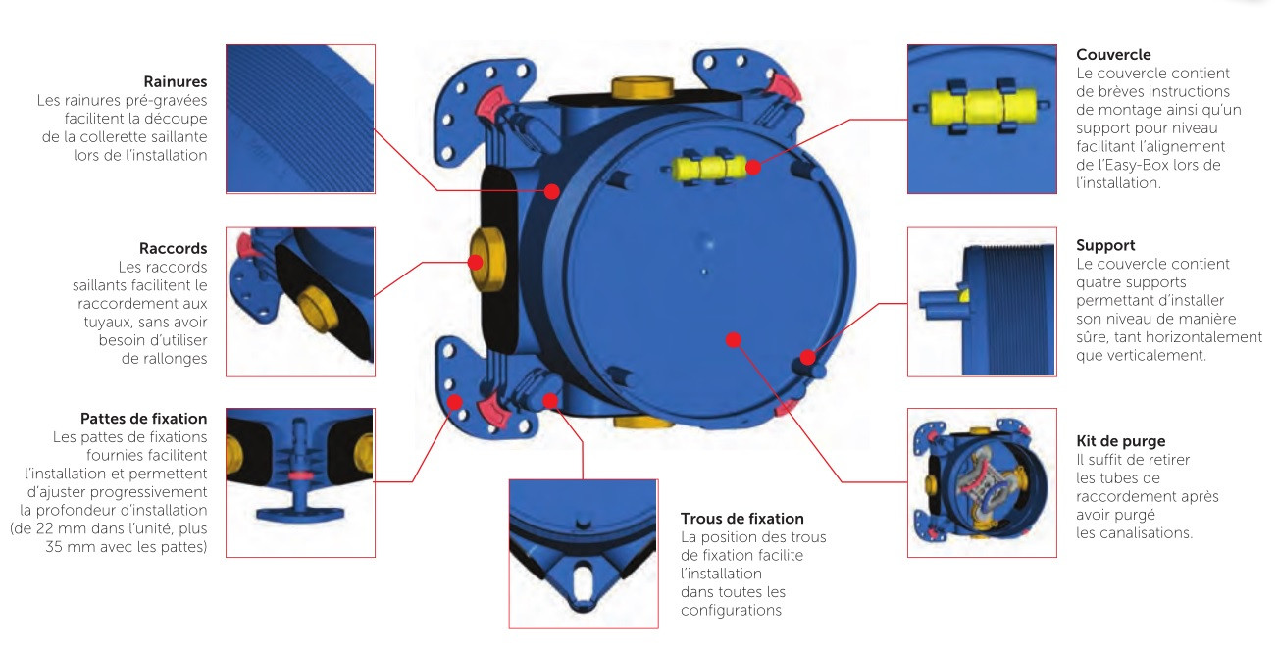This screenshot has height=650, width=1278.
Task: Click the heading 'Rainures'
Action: (x=176, y=81)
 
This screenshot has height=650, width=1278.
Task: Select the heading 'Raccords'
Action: (x=173, y=248)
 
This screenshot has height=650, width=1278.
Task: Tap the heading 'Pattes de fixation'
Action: (x=144, y=419)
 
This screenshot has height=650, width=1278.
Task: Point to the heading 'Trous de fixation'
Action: (x=741, y=519)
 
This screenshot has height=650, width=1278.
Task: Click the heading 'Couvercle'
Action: (x=1113, y=55)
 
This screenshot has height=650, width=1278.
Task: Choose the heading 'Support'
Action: (x=1105, y=246)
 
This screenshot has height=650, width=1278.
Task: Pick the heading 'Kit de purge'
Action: (x=1120, y=441)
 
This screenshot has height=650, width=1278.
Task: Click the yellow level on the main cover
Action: (x=707, y=168)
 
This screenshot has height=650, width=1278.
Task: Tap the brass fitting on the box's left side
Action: (x=487, y=260)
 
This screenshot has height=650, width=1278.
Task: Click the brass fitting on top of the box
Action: (x=642, y=88)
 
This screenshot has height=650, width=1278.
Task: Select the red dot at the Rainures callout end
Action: (x=552, y=191)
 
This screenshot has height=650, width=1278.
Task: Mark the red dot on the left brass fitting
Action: (x=476, y=263)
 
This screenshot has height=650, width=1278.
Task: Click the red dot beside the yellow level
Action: (x=753, y=167)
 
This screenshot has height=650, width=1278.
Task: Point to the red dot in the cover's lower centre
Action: (x=734, y=340)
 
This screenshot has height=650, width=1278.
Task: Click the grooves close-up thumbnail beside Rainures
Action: (x=301, y=119)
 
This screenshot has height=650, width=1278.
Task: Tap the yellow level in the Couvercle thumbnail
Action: (x=982, y=107)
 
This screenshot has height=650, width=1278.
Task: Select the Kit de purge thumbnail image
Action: (x=982, y=482)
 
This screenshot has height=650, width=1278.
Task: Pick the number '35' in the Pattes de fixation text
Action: (x=54, y=547)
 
